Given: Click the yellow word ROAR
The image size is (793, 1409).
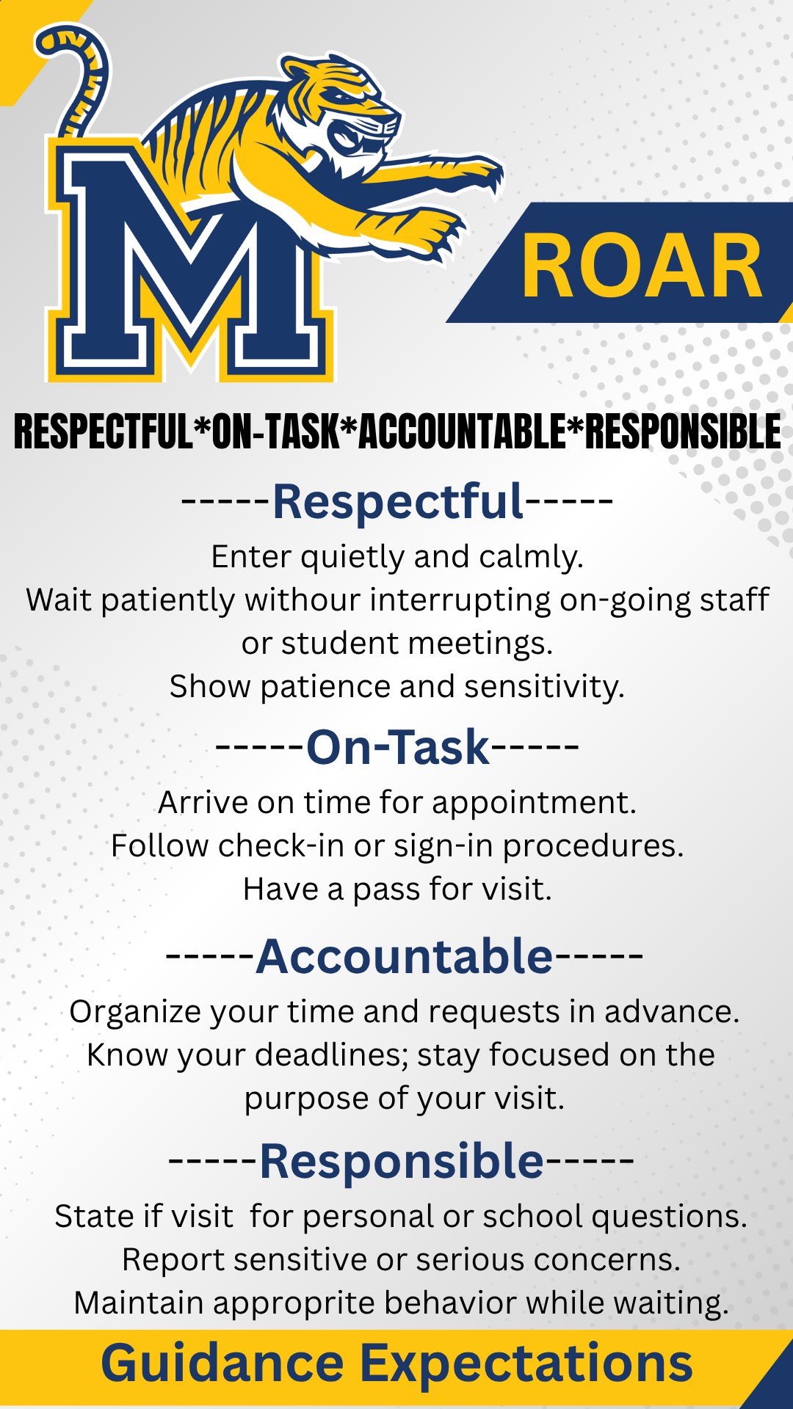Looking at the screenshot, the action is tap(642, 266).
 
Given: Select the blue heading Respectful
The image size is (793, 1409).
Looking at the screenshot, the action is tap(399, 502).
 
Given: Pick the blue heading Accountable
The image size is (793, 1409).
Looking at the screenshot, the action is tap(405, 956).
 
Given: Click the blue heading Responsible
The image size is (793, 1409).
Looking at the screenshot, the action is tap(402, 1161).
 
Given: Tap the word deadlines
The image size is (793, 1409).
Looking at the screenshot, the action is tap(331, 1055).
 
